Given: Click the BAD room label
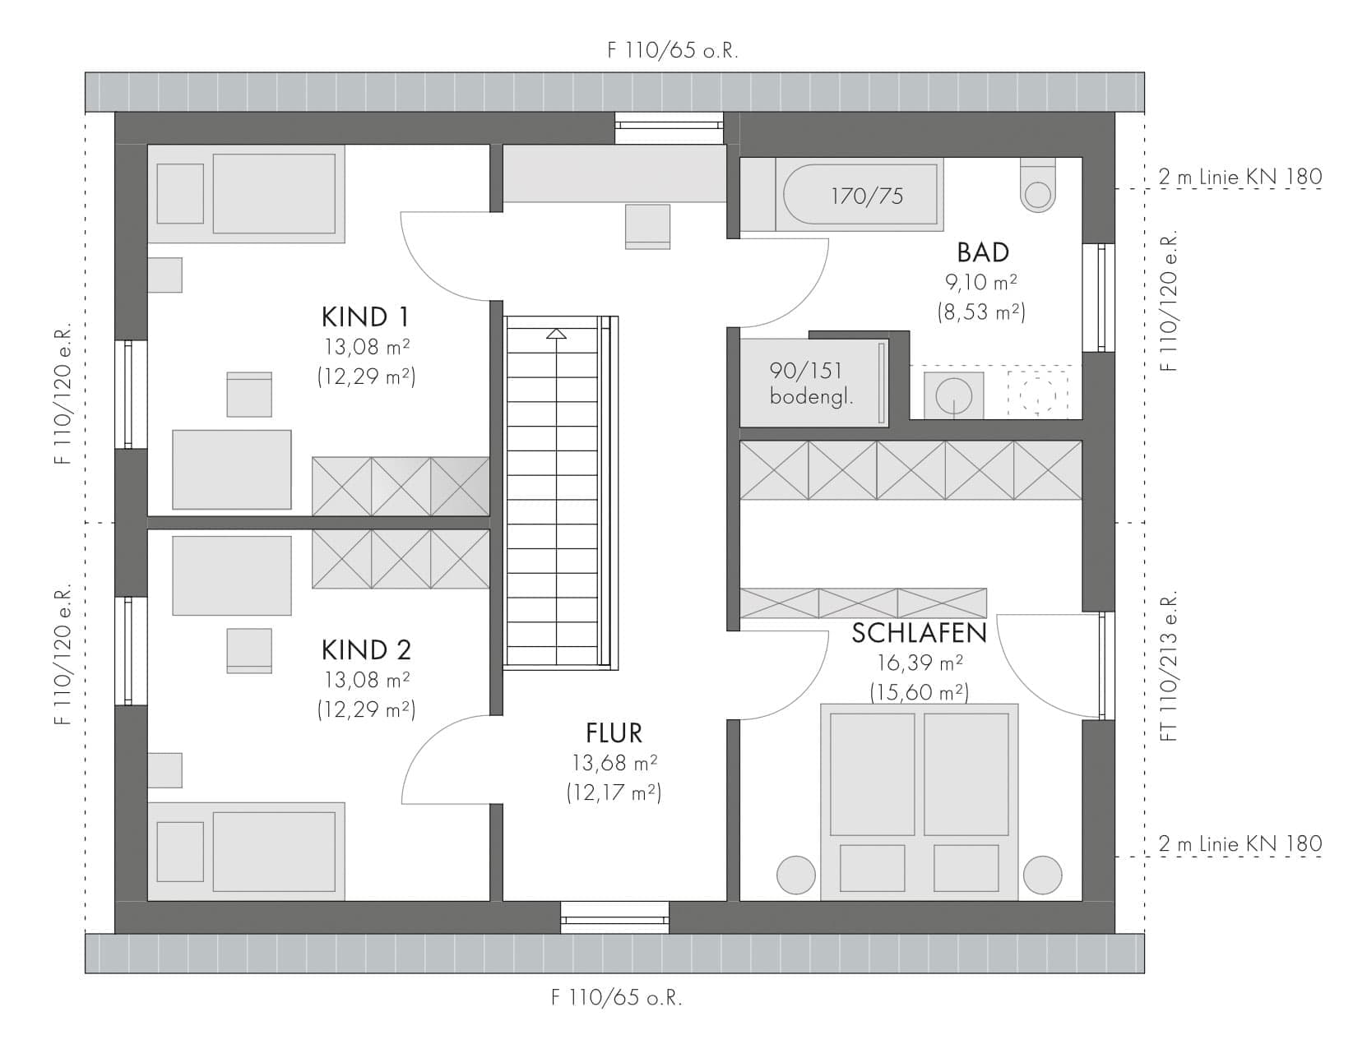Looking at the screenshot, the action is coord(982,252).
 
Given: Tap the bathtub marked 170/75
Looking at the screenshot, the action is coord(860,194).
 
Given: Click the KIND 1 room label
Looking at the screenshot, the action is coord(365,317).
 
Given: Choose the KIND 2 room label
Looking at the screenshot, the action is coord(366,650).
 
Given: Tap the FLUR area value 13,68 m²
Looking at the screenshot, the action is coord(614,763).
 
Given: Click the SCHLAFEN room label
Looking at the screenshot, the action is coord(920,633).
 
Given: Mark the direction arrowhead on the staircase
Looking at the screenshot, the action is coord(556,334).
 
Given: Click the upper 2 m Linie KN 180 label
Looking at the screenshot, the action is coord(1240,177).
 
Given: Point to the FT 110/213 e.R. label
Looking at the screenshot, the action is coord(1169,666).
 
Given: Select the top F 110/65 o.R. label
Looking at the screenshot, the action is coord(673,50).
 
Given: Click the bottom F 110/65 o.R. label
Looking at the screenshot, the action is coord(617,997).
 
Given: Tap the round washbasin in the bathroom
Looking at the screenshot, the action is coord(953,395).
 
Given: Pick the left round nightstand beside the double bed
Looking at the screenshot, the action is coord(796,875).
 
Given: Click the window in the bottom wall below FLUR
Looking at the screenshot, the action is coord(614,917).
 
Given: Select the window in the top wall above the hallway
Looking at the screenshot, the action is coord(669,128).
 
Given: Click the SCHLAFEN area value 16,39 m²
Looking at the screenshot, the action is coord(920,663).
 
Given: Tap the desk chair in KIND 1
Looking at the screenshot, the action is coord(249,395).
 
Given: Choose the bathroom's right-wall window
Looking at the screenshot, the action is coord(1099,298).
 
